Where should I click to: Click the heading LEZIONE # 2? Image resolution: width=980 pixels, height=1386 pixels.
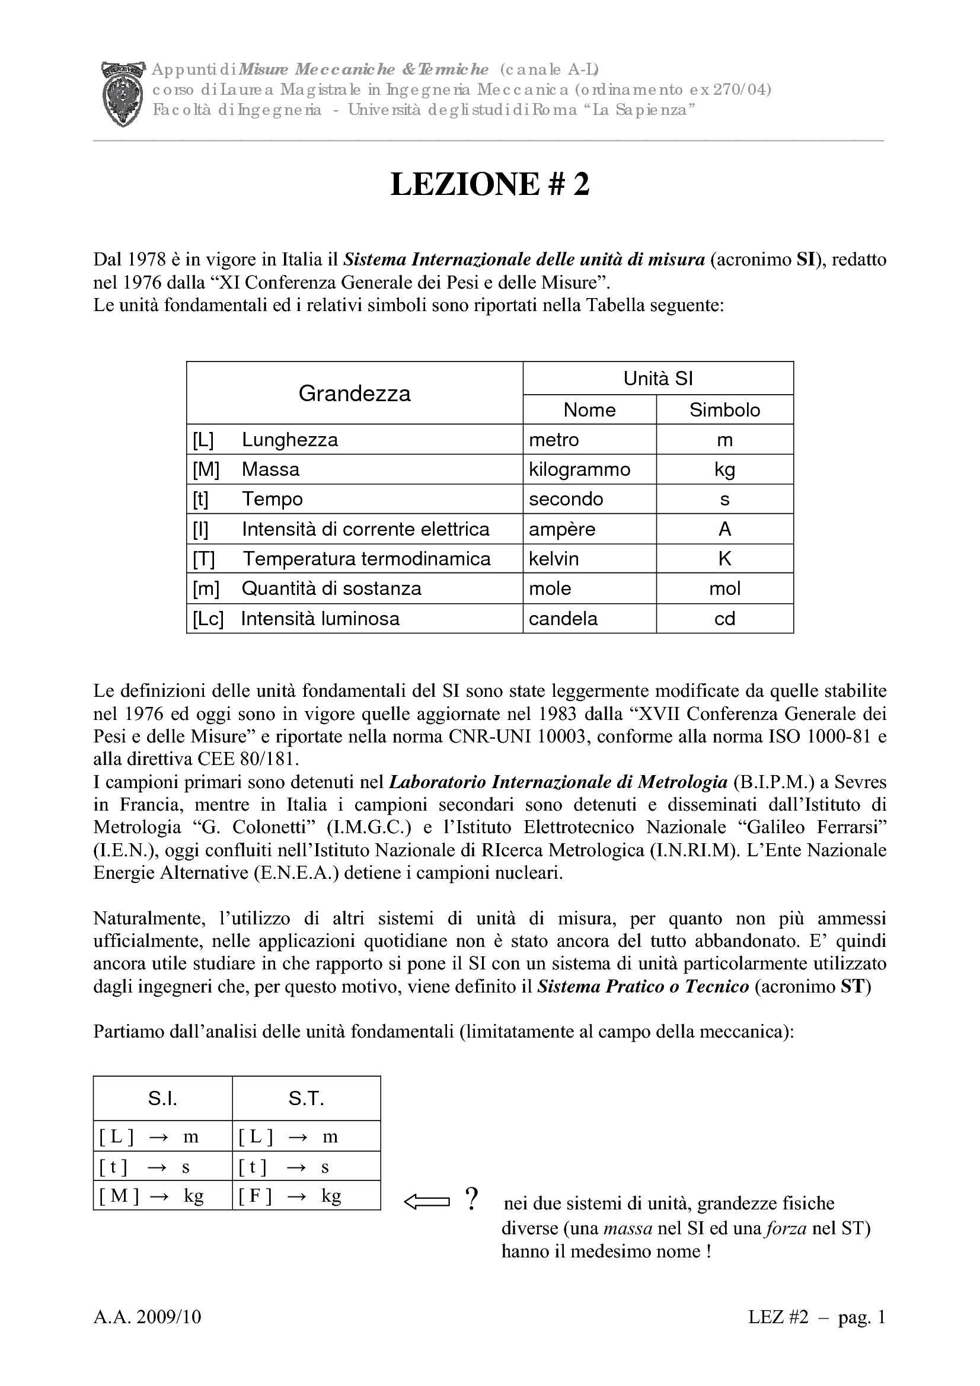pyautogui.click(x=489, y=184)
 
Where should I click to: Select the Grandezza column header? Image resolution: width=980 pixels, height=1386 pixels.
pyautogui.click(x=355, y=393)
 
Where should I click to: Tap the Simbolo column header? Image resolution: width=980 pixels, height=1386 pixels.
pyautogui.click(x=724, y=410)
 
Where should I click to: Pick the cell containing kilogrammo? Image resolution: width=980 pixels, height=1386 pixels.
pyautogui.click(x=579, y=469)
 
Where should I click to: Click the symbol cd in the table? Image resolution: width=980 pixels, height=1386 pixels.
pyautogui.click(x=724, y=619)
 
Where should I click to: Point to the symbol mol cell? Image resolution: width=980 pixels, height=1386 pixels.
pyautogui.click(x=724, y=588)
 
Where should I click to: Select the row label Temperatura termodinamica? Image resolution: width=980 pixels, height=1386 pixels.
pyautogui.click(x=366, y=559)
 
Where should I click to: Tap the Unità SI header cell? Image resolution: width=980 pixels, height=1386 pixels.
pyautogui.click(x=657, y=379)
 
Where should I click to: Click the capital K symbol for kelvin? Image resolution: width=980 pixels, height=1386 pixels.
pyautogui.click(x=724, y=559)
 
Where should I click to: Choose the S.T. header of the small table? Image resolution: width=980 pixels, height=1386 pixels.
pyautogui.click(x=306, y=1099)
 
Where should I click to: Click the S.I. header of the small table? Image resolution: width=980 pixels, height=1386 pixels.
pyautogui.click(x=162, y=1099)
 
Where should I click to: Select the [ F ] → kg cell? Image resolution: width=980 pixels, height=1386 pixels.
pyautogui.click(x=306, y=1196)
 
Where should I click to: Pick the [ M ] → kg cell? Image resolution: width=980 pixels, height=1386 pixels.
pyautogui.click(x=162, y=1196)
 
